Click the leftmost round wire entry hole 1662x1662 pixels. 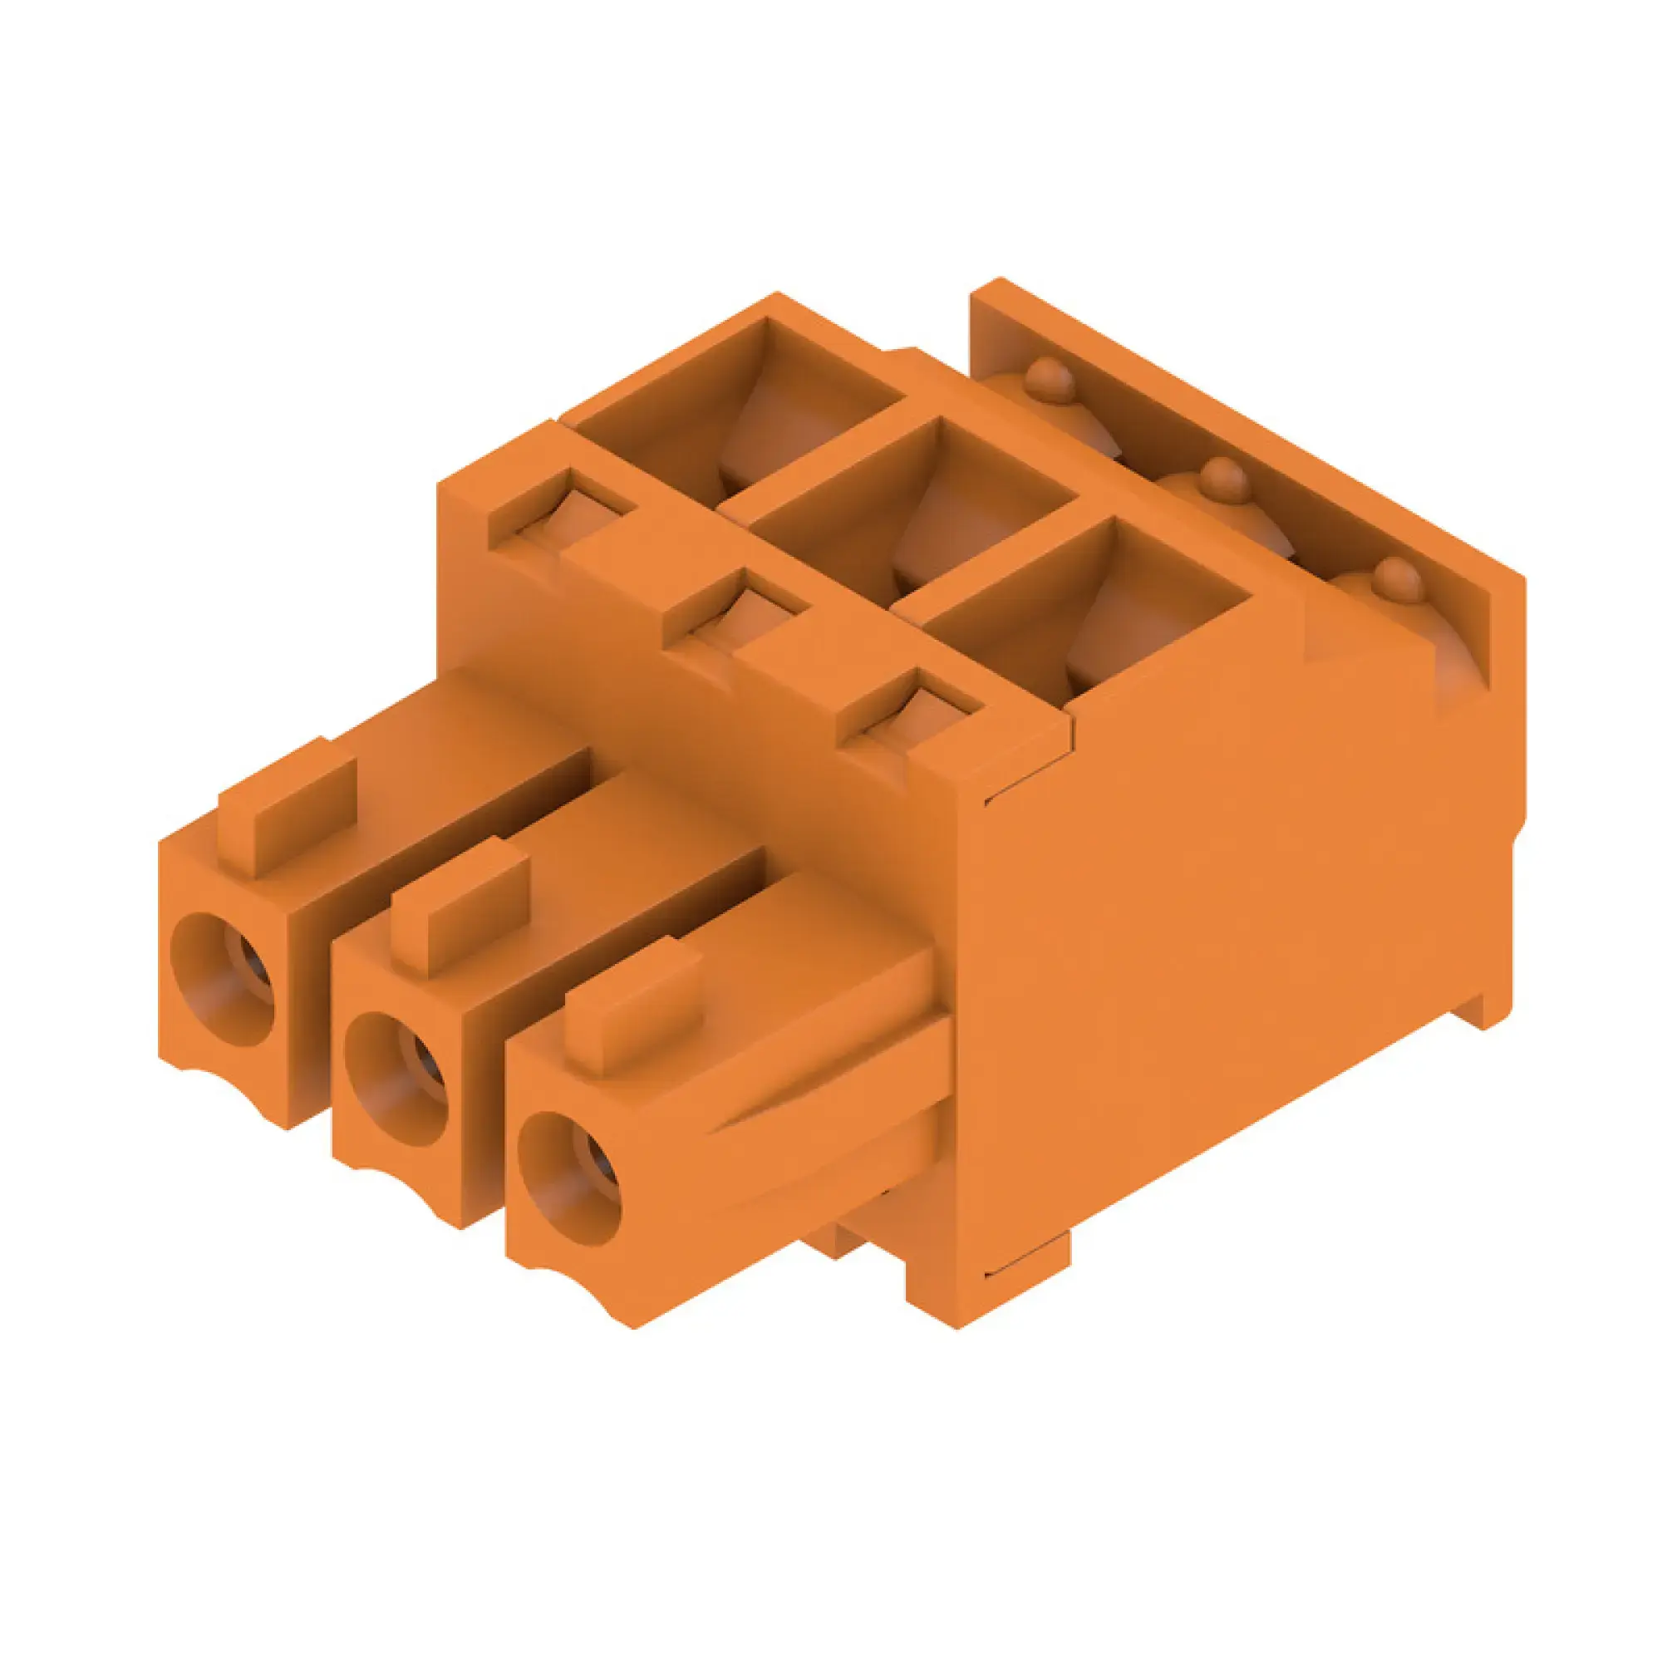pyautogui.click(x=222, y=980)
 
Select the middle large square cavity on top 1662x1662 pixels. pyautogui.click(x=912, y=508)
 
